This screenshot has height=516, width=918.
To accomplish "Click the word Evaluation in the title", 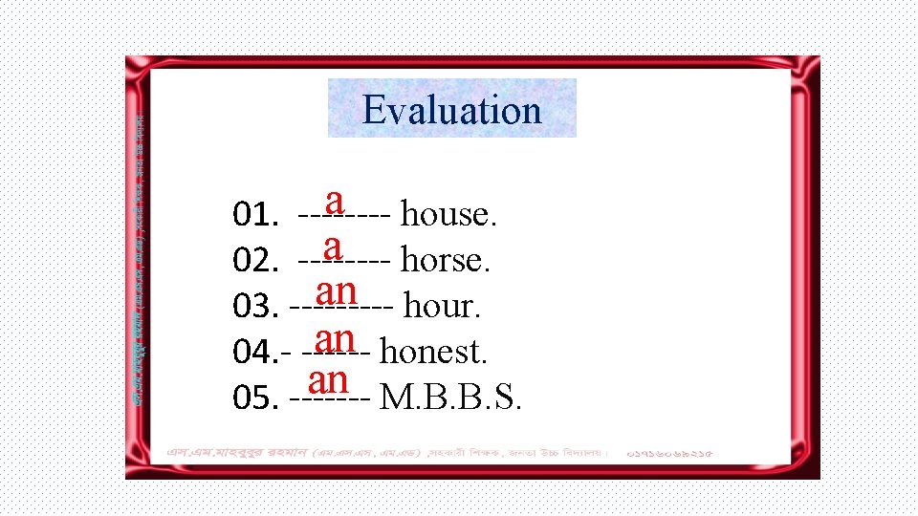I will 451,110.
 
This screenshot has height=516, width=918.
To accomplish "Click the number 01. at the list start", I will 255,216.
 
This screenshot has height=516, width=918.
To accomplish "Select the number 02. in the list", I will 255,262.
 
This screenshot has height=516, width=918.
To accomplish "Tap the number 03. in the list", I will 255,308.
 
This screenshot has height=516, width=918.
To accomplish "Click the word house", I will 448,214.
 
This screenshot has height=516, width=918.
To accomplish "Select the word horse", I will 446,260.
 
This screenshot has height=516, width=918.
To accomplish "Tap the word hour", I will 443,307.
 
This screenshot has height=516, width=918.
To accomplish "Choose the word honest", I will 434,353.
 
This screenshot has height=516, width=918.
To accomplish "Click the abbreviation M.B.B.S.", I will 450,398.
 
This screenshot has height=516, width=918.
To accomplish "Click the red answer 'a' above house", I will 335,200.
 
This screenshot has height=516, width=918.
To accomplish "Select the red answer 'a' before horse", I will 332,246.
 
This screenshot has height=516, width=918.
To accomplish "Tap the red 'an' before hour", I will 337,290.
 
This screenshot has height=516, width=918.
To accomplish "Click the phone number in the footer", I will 670,452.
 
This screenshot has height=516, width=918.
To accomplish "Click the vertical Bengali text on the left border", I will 140,258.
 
